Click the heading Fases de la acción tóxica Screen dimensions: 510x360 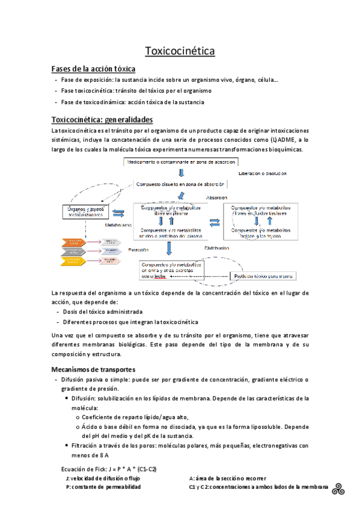coord(93,69)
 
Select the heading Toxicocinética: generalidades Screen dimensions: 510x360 coord(102,119)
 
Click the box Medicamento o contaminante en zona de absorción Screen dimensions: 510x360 coord(181,161)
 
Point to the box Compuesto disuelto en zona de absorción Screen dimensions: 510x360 coord(180,184)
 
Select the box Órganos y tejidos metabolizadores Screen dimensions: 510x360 coord(85,211)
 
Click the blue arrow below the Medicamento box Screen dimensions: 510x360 coord(173,173)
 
